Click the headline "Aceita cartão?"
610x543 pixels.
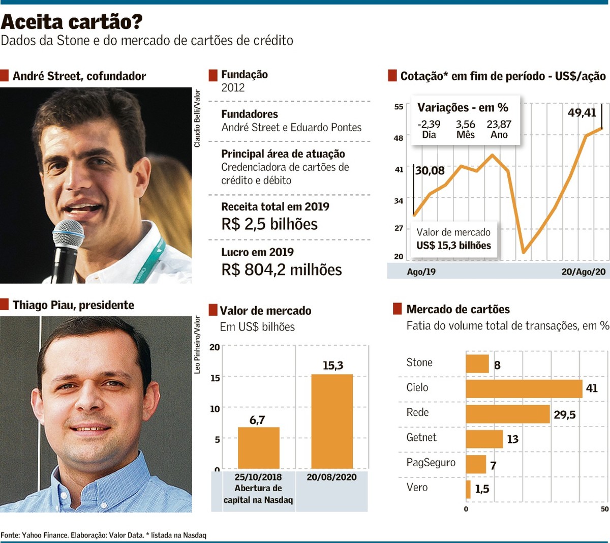coord(72,22)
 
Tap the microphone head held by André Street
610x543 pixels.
coord(68,234)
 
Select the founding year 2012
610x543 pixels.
coord(233,88)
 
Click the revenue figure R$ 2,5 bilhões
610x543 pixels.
coord(269,224)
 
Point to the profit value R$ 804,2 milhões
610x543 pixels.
coord(281,269)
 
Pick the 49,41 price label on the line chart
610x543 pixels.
coord(582,112)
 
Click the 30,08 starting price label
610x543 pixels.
coord(430,171)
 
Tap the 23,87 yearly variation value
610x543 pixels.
coord(499,124)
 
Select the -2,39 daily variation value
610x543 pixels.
coord(429,124)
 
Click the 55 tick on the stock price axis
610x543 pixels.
coord(399,107)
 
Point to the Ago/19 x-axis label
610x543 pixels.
coord(421,272)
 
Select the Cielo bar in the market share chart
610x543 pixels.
coord(524,389)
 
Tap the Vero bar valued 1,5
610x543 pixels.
coord(468,489)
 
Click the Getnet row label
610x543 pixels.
coord(421,437)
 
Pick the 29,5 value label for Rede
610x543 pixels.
coord(564,415)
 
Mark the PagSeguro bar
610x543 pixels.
coord(476,464)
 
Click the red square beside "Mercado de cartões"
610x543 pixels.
coord(398,309)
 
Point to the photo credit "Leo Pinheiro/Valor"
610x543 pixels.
coord(197,345)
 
